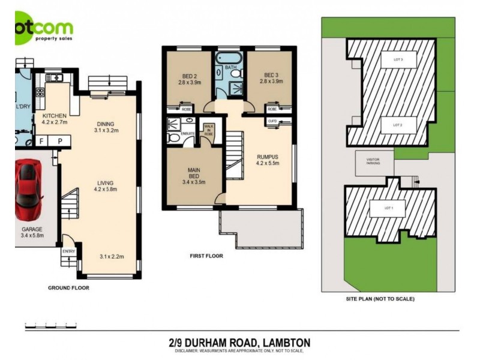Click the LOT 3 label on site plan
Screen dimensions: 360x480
coord(397,59)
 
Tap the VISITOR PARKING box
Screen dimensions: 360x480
coord(374,162)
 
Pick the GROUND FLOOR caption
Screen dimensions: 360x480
coord(68,288)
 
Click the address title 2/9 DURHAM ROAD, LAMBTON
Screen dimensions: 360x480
coord(239,343)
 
